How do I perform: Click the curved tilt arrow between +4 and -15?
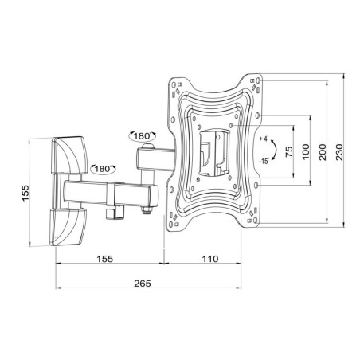click(274, 150)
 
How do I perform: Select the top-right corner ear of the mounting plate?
click(256, 83)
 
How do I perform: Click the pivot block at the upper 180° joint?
click(147, 158)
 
